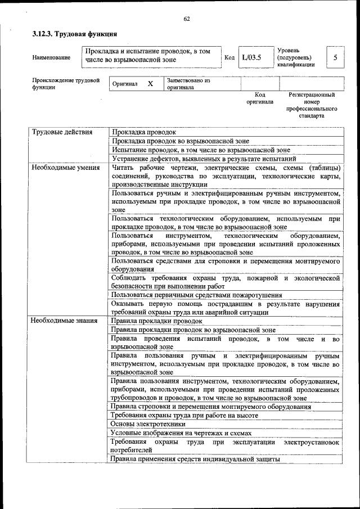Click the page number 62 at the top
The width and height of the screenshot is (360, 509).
click(186, 19)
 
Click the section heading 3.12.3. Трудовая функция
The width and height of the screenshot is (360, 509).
click(74, 34)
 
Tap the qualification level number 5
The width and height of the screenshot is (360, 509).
click(335, 57)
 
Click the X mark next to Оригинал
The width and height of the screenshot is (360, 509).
click(150, 84)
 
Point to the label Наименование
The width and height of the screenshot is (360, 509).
click(51, 57)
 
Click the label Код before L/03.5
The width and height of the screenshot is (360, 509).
click(229, 57)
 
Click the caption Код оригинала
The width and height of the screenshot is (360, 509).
click(259, 98)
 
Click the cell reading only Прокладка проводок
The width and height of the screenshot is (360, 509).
click(145, 132)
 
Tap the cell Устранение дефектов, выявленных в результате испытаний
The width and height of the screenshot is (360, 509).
click(212, 159)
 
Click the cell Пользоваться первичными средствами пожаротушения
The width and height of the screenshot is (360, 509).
click(197, 295)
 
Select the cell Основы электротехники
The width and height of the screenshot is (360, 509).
click(148, 424)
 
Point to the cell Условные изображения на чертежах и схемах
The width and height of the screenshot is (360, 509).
click(181, 433)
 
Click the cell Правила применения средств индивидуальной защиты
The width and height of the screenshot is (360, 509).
click(195, 459)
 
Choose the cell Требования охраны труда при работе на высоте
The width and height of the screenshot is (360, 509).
click(184, 415)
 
